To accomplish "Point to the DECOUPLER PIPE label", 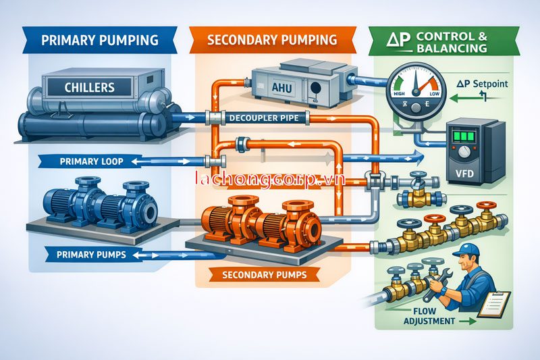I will tap(260, 118).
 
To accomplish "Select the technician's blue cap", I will tap(466, 251).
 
